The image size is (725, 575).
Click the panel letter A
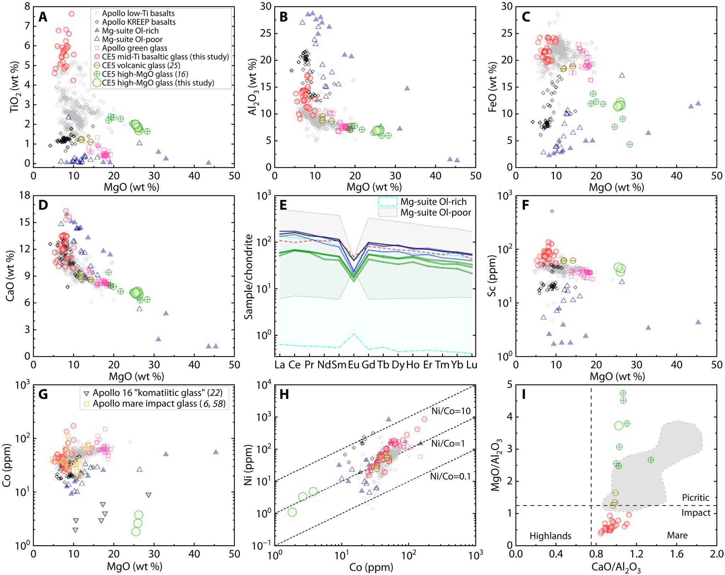tap(43, 17)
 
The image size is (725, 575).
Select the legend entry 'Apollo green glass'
tap(135, 48)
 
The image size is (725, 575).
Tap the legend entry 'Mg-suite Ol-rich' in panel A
tap(130, 31)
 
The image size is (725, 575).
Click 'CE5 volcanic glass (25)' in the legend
tap(141, 66)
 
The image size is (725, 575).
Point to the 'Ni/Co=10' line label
tap(451, 411)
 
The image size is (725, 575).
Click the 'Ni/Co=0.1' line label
tap(450, 477)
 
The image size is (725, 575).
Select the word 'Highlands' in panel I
tap(550, 536)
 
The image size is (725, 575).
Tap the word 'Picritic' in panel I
tap(695, 497)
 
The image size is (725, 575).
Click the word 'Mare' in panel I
tap(677, 535)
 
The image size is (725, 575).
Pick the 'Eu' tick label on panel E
tap(353, 365)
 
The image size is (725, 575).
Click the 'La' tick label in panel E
tap(280, 365)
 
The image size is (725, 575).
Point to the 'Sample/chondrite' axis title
tap(249, 277)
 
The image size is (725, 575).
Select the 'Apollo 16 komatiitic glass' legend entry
tap(158, 393)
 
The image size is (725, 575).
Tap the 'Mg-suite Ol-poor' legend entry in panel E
tap(435, 212)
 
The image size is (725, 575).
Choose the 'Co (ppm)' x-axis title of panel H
tap(371, 567)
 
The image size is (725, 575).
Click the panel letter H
tap(284, 394)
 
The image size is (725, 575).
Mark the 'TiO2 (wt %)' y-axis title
tap(15, 87)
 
